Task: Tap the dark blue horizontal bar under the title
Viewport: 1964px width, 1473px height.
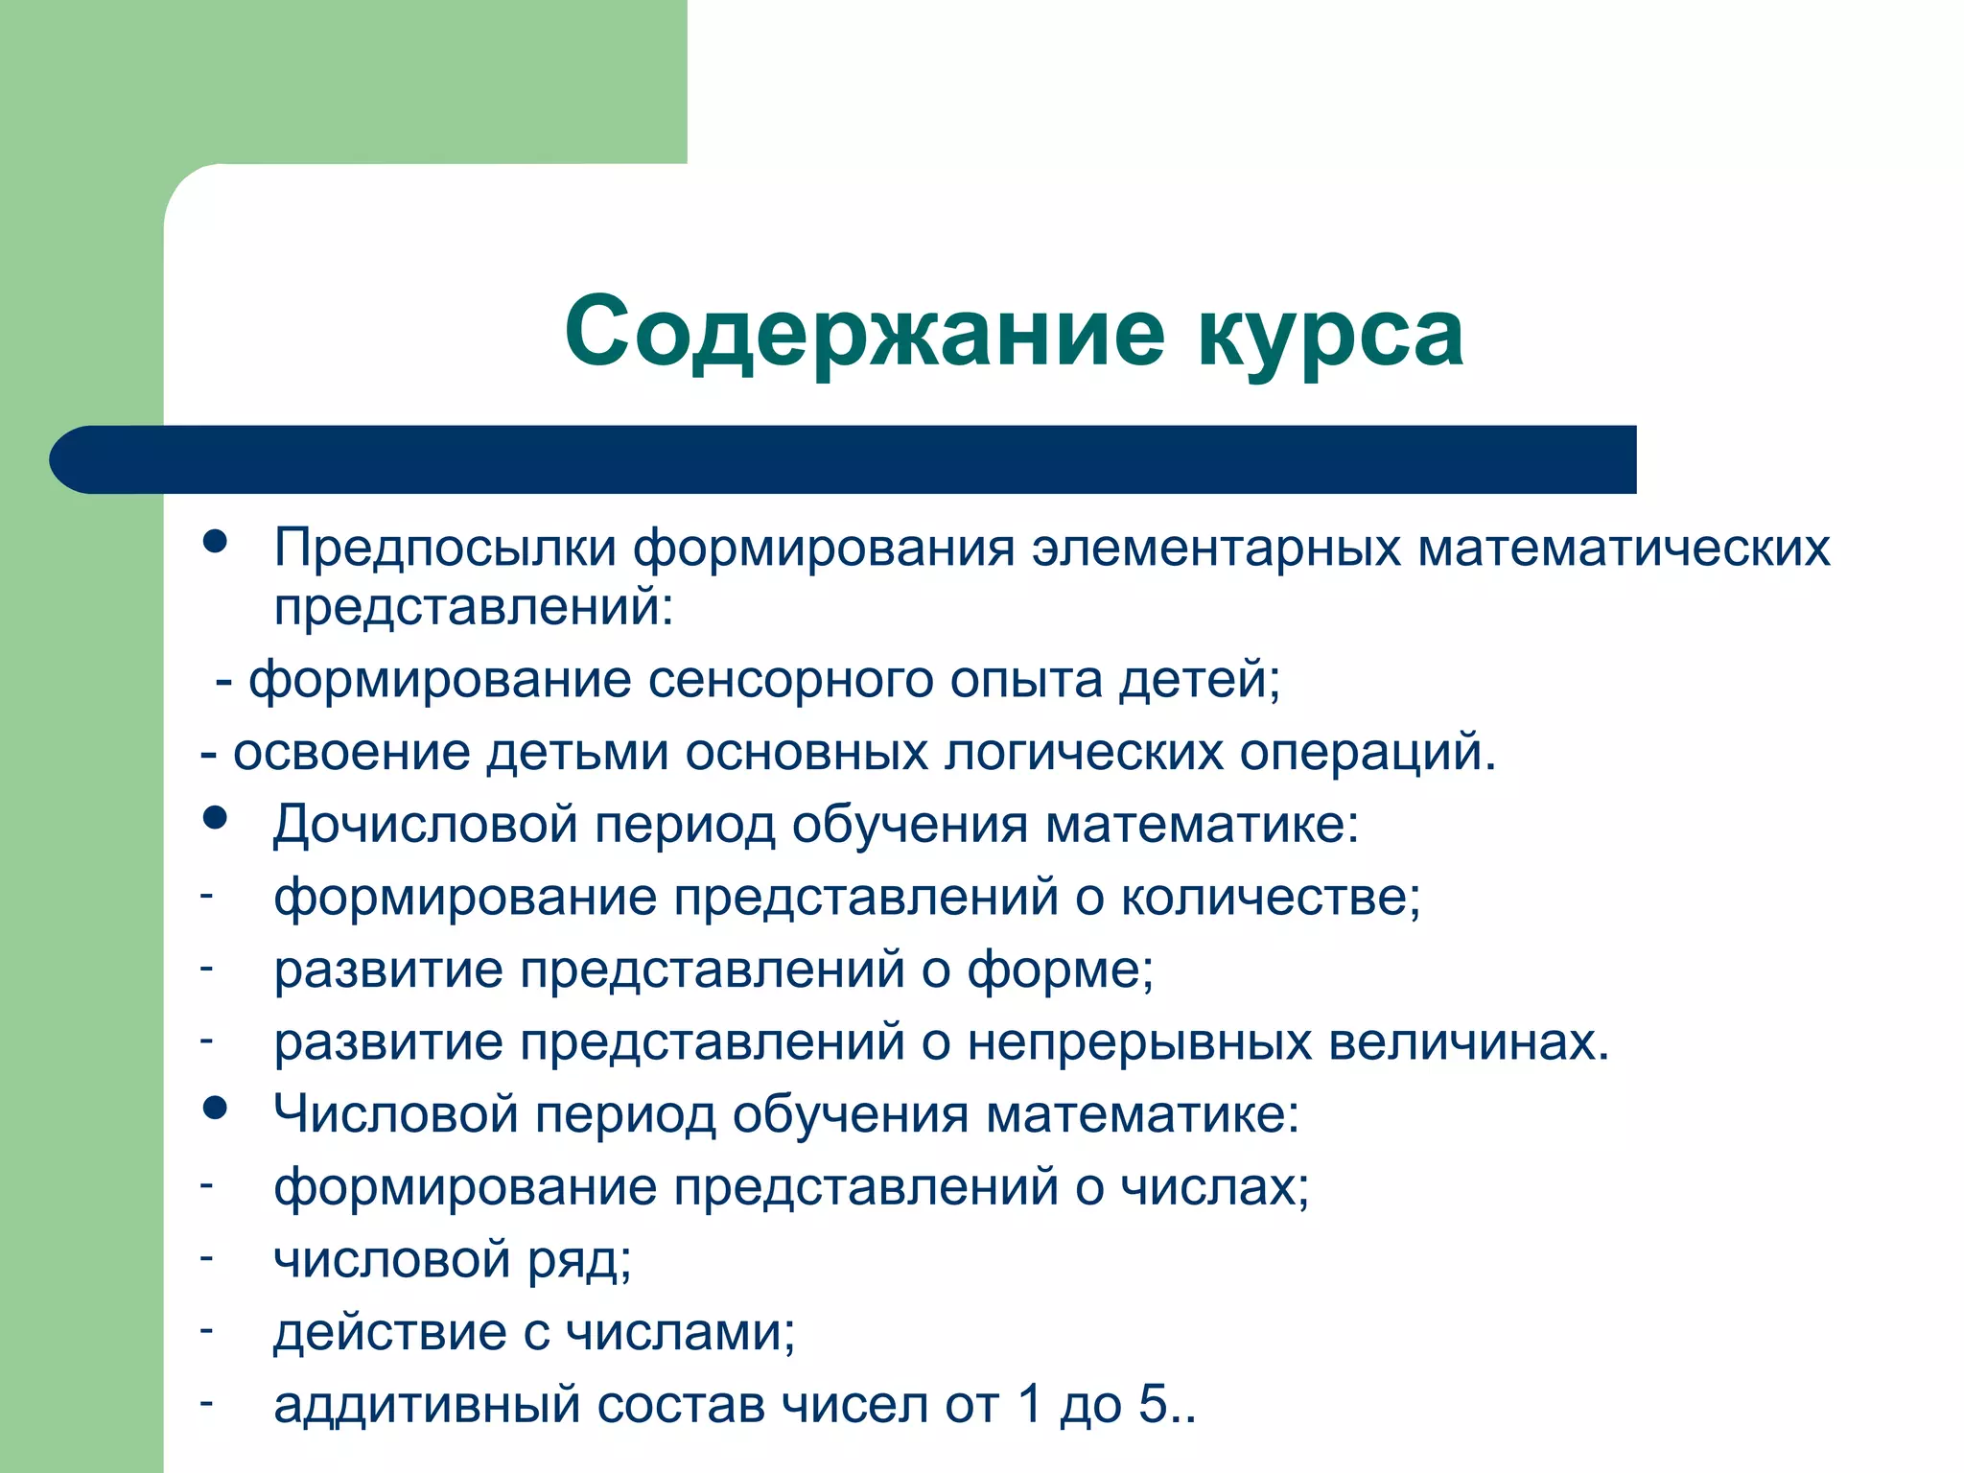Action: point(844,459)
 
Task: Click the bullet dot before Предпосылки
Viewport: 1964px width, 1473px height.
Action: point(216,541)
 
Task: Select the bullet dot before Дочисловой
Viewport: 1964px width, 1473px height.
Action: point(216,817)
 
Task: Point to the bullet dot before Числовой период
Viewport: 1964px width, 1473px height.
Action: point(216,1109)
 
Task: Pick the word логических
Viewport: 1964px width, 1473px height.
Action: point(1084,753)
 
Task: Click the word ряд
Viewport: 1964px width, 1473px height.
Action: point(575,1261)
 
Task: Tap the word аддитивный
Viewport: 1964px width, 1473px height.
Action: point(427,1406)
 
